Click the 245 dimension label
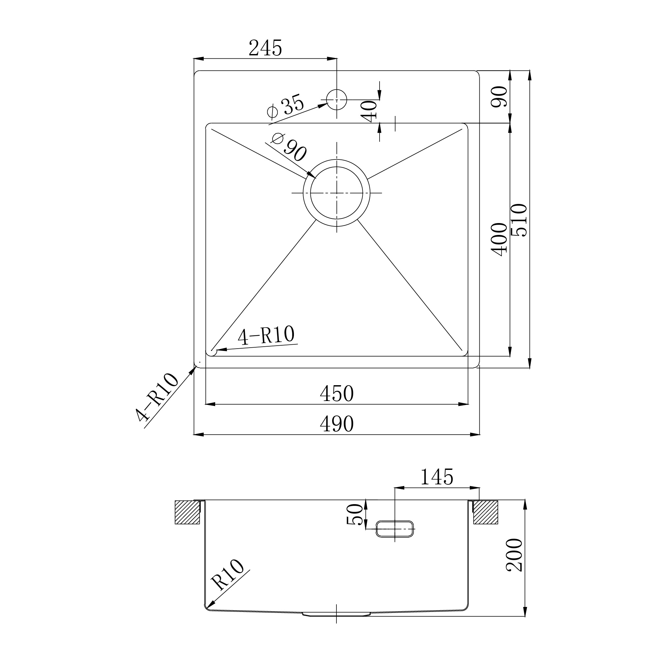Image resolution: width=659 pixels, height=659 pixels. (265, 48)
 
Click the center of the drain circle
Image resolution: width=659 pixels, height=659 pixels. (337, 193)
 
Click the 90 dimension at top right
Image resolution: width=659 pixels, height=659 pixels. (499, 97)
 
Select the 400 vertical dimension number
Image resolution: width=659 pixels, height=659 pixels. (499, 240)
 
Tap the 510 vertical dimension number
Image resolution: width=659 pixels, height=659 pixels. (519, 220)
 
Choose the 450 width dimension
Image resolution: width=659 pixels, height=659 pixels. (337, 394)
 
